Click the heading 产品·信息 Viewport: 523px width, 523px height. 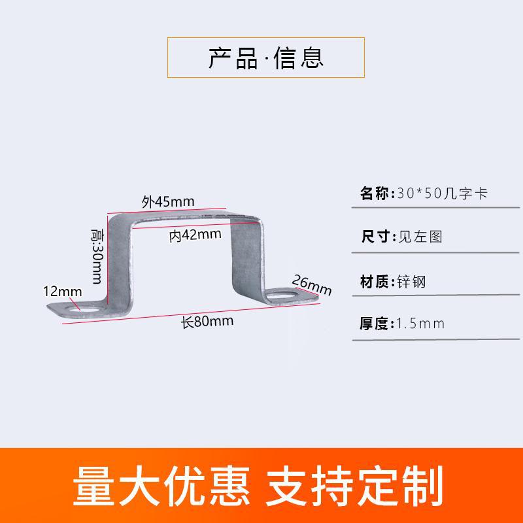coord(265,58)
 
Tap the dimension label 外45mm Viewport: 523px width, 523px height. coord(168,201)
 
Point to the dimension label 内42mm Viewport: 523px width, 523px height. coord(195,236)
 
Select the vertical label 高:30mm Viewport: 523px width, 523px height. coord(97,256)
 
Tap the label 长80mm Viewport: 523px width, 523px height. coord(207,322)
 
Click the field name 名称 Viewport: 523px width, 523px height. coord(375,194)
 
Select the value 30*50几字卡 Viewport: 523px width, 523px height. coord(442,194)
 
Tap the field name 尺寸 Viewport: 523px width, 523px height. coord(375,237)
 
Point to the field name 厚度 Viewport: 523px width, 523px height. coord(375,323)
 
